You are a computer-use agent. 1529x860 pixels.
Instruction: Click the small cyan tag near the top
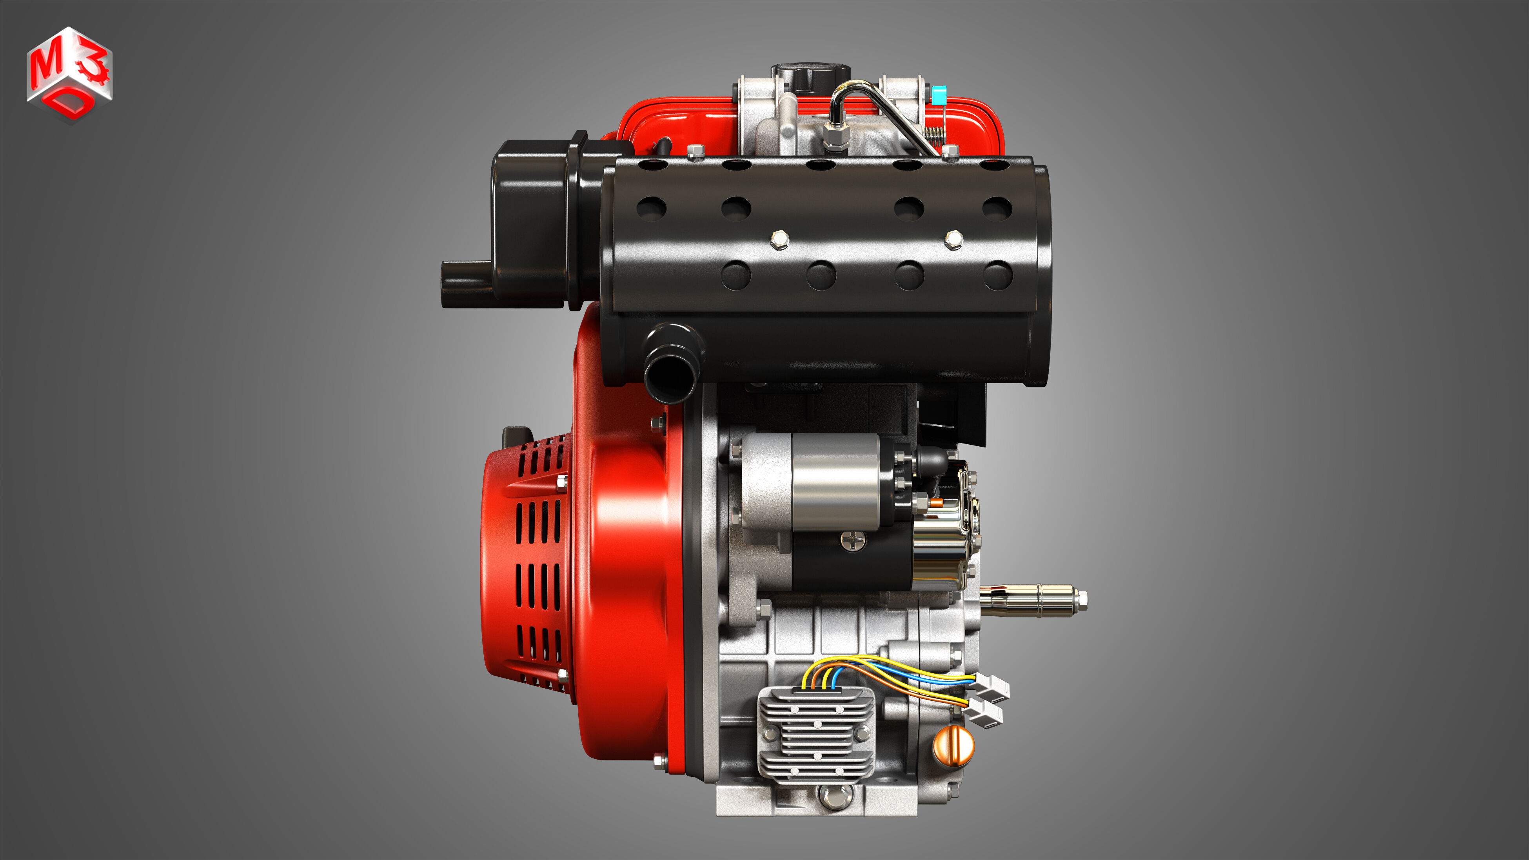(x=939, y=95)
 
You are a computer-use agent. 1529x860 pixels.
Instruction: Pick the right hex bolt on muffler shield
(x=953, y=240)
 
